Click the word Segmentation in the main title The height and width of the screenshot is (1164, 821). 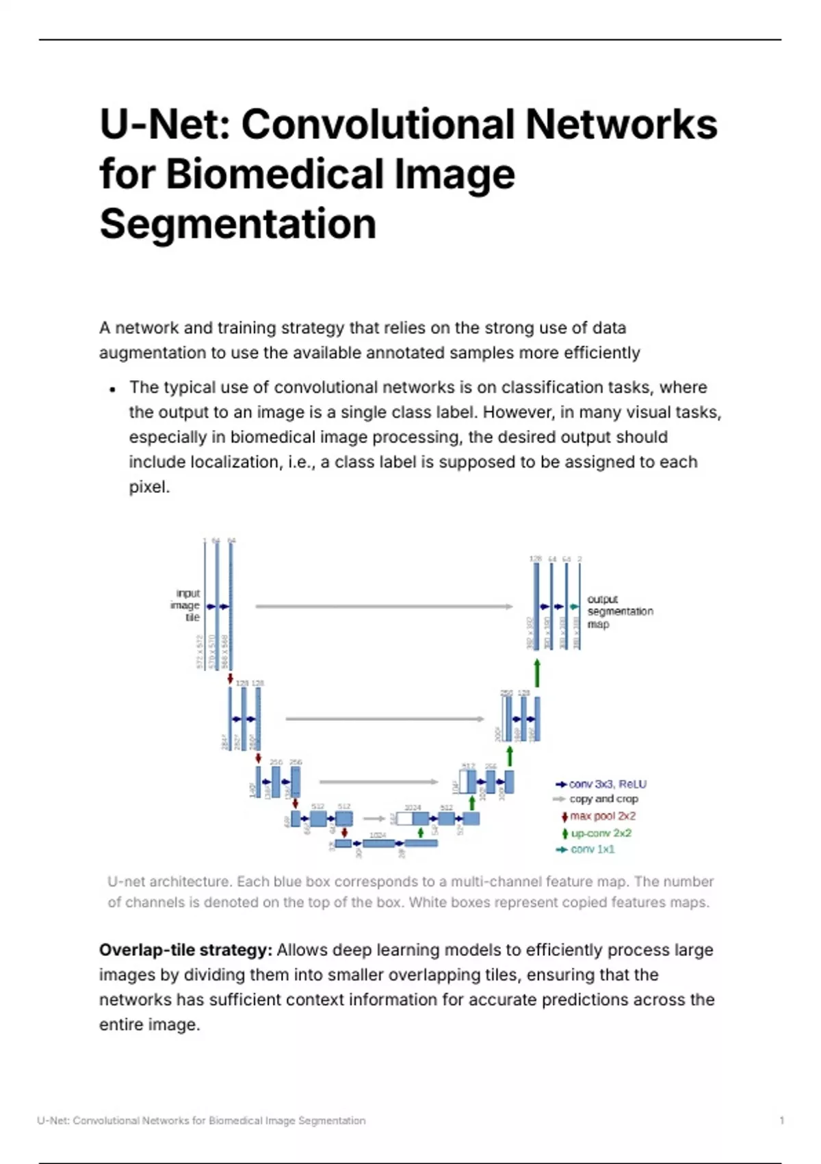pos(237,224)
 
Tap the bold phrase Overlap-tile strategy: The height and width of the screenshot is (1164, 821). pos(185,950)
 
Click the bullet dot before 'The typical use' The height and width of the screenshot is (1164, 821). pos(112,390)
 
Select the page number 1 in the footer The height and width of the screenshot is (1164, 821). pos(781,1121)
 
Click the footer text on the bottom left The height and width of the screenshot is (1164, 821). pos(201,1121)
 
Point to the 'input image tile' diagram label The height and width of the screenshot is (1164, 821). pos(186,605)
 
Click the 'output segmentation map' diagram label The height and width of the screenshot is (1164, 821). pos(619,611)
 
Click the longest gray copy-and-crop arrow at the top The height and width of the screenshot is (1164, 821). pos(383,607)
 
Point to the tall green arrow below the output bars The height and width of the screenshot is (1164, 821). pos(537,673)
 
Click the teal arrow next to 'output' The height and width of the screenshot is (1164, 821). pos(573,607)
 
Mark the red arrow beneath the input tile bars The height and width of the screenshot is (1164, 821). pos(231,678)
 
